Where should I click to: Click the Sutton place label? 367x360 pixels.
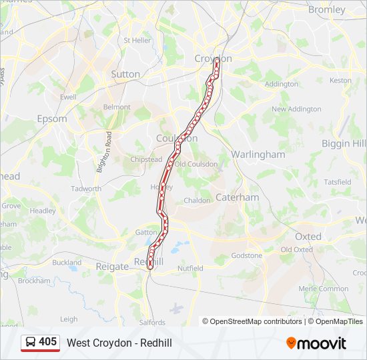[x=125, y=74]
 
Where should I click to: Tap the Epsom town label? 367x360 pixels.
[x=52, y=119]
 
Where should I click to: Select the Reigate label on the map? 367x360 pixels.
[x=111, y=266]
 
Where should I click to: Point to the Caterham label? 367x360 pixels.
[x=237, y=197]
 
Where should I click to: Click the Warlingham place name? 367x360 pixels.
[x=258, y=154]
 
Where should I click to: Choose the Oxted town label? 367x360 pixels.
[x=308, y=236]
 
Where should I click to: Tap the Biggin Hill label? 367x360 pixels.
[x=344, y=143]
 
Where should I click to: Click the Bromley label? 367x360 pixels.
[x=327, y=9]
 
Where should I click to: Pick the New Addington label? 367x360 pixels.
[x=296, y=109]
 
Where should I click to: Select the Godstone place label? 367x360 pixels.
[x=247, y=255]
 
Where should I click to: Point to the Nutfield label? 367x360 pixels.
[x=190, y=268]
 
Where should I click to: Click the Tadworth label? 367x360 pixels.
[x=86, y=189]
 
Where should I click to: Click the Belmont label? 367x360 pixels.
[x=117, y=107]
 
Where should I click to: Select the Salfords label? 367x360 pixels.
[x=152, y=323]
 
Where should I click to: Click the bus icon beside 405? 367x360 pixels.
[x=31, y=343]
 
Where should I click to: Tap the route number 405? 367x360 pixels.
[x=48, y=342]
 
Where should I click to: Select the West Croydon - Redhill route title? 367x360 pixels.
[x=119, y=343]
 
